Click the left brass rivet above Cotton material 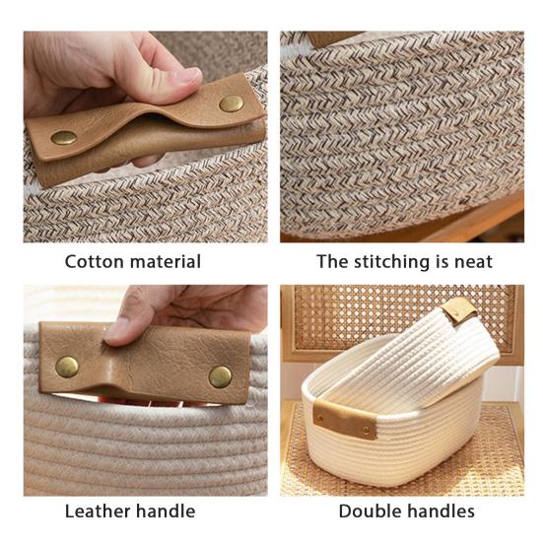pos(64,138)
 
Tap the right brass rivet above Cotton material pos(232,102)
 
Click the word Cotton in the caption pos(96,262)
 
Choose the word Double pos(369,510)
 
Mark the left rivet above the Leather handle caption pos(67,367)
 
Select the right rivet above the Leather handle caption pos(221,376)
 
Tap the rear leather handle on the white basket pos(459,312)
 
